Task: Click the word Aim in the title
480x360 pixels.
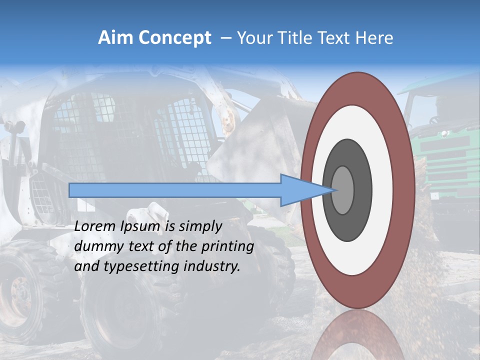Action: tap(115, 38)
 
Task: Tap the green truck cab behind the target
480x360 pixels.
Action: tap(445, 145)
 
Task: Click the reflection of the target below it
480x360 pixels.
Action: tap(357, 337)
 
